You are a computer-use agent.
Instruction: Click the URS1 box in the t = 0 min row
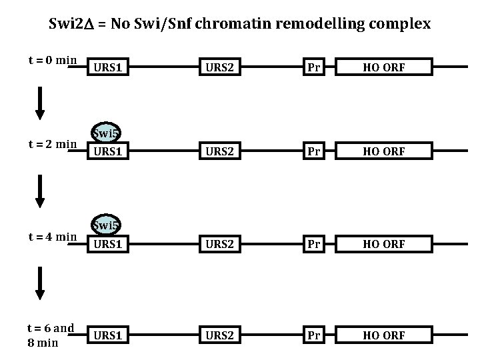point(108,67)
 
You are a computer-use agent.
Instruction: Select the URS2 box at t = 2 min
point(220,151)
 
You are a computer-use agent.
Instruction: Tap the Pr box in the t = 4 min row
point(314,244)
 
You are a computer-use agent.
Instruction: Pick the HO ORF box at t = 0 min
point(384,67)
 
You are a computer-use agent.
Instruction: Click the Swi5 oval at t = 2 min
point(106,133)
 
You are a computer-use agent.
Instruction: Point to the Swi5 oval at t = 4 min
point(106,225)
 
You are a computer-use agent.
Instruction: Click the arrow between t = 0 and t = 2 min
point(40,103)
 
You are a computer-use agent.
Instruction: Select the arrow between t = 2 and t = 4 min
point(40,191)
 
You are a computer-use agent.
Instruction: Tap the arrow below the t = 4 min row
point(40,283)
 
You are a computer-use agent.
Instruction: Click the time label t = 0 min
point(53,60)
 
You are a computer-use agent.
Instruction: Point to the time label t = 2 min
point(53,144)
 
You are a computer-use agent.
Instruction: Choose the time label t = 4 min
point(53,237)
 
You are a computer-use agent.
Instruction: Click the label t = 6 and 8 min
point(51,335)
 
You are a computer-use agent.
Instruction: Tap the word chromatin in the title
point(233,23)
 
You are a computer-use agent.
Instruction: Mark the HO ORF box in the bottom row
point(384,335)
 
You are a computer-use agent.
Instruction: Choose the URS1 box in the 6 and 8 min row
point(108,335)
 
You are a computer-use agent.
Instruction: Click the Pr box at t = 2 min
point(314,151)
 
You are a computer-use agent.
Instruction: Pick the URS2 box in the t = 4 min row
point(220,244)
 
